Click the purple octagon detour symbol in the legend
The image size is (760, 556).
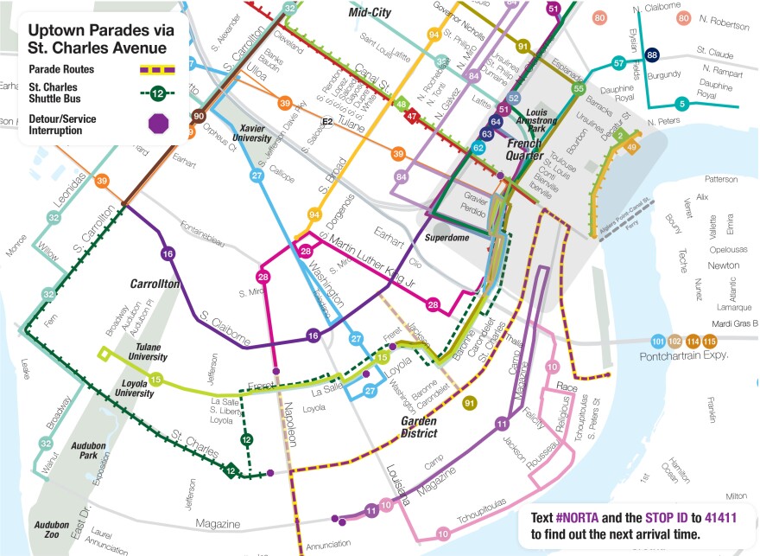pyautogui.click(x=159, y=124)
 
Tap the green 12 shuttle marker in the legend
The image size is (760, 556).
pyautogui.click(x=158, y=93)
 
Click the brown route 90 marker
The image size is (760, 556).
pyautogui.click(x=199, y=117)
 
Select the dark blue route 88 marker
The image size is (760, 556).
pyautogui.click(x=653, y=55)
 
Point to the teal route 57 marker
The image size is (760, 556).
pyautogui.click(x=618, y=63)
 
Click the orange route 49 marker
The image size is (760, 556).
pyautogui.click(x=632, y=148)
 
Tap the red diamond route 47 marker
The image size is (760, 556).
pyautogui.click(x=412, y=117)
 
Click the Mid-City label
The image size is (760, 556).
pyautogui.click(x=370, y=13)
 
